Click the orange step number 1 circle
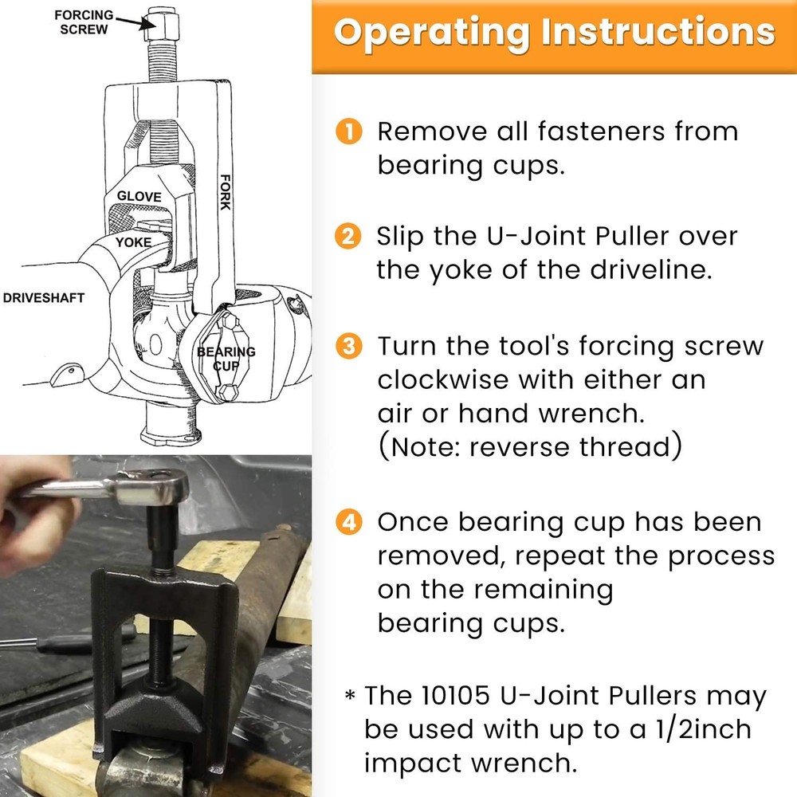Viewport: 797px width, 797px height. (348, 132)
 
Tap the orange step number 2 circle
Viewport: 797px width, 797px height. (348, 237)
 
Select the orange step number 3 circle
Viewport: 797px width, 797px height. (348, 347)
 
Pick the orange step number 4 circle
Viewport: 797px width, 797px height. (348, 523)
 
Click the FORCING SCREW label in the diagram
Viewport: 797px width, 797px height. (83, 22)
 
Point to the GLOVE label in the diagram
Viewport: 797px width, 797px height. (139, 196)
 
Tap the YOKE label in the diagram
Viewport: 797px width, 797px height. (133, 241)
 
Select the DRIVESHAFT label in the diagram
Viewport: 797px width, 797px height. (43, 297)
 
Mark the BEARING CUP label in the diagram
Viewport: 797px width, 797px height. (226, 357)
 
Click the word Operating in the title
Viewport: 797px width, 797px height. (431, 32)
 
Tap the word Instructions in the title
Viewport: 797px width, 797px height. (654, 32)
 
